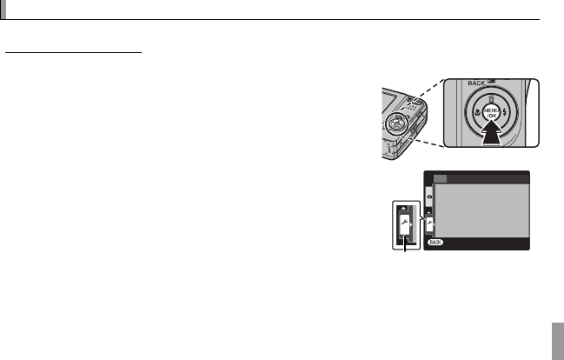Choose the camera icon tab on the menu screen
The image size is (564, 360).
pos(429,197)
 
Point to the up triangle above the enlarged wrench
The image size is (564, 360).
pos(402,207)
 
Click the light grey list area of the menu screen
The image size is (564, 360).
pos(482,209)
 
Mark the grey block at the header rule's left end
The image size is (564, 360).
pos(3,10)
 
